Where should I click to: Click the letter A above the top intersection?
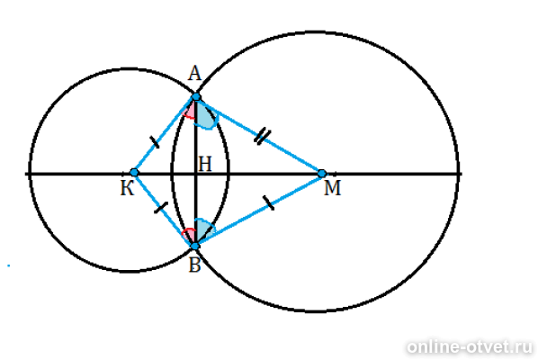click(x=194, y=74)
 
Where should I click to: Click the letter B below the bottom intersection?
click(x=194, y=265)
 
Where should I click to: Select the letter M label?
click(x=332, y=188)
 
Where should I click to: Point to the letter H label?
click(x=205, y=164)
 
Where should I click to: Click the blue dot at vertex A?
click(x=195, y=97)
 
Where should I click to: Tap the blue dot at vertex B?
click(x=195, y=246)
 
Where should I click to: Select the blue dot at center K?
click(x=134, y=172)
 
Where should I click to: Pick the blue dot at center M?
click(x=322, y=174)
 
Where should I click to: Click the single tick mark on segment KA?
click(x=155, y=142)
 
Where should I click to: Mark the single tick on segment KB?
click(x=160, y=207)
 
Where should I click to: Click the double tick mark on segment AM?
click(x=263, y=136)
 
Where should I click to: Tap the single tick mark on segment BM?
click(x=269, y=202)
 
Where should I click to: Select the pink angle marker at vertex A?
click(x=189, y=112)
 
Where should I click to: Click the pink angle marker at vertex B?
click(x=189, y=234)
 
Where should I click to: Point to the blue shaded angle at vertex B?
click(x=204, y=229)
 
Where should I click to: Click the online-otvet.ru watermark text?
click(x=470, y=346)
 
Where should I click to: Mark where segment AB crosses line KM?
click(x=195, y=174)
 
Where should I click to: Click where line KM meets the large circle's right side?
click(x=458, y=174)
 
